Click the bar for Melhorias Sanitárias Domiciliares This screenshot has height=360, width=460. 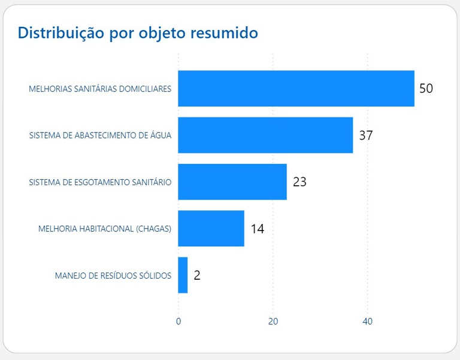(296, 89)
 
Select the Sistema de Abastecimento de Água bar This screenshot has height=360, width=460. (265, 135)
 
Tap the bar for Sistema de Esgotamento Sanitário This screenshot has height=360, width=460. (232, 181)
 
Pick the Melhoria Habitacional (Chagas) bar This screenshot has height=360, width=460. (211, 228)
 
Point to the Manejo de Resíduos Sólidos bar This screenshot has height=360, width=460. (183, 275)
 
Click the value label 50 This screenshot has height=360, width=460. (426, 89)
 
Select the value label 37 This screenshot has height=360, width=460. (366, 135)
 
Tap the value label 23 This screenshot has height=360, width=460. (299, 181)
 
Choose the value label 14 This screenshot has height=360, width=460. (258, 228)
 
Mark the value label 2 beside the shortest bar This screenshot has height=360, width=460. (197, 276)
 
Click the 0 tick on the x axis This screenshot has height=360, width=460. (178, 322)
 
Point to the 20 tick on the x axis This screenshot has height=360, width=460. (273, 322)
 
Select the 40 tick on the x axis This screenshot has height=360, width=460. (368, 322)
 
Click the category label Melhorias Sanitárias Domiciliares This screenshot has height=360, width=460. (100, 89)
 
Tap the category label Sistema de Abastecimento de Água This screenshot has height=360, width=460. (100, 135)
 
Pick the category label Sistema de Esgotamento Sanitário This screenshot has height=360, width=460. (100, 182)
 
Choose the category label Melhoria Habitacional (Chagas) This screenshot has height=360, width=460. (105, 229)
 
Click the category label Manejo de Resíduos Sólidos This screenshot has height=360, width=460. (113, 276)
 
